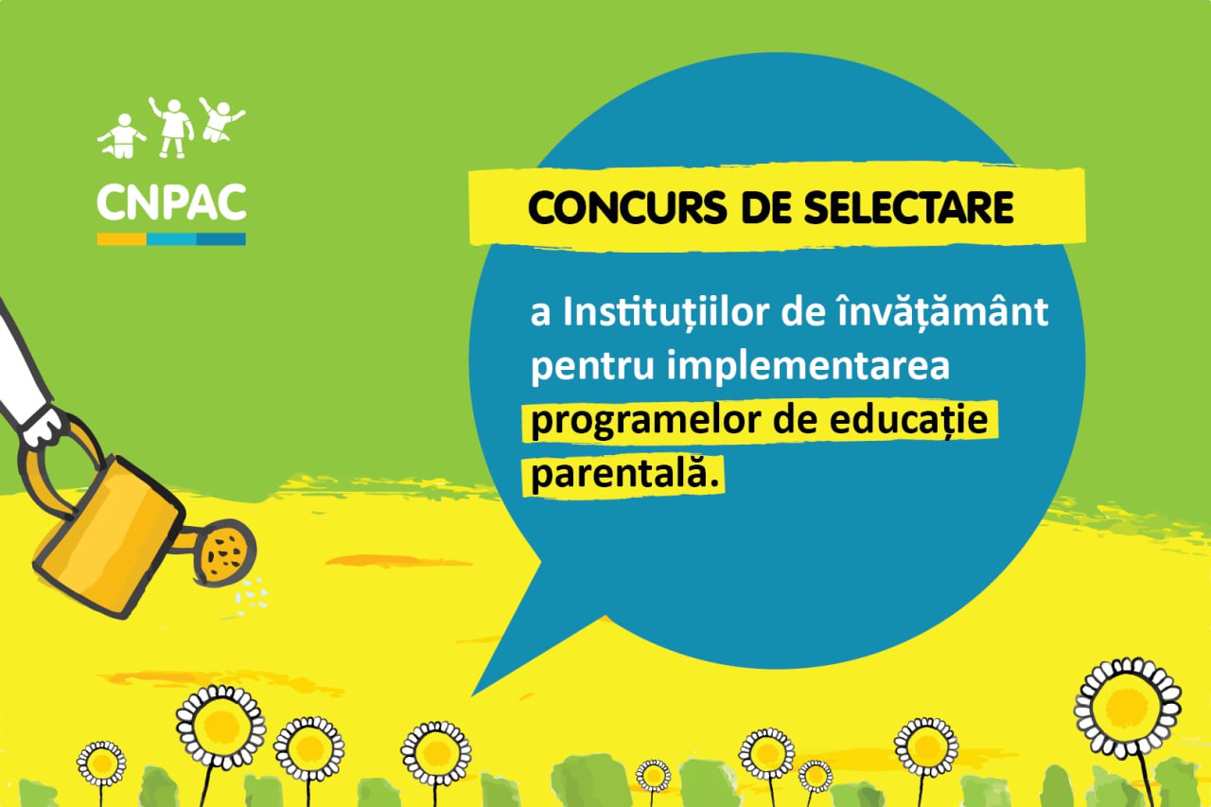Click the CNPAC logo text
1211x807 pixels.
coord(171,202)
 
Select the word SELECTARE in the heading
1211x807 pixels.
coord(908,207)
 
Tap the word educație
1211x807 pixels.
coord(909,420)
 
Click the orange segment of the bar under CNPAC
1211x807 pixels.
coord(122,239)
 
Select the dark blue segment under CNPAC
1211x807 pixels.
coord(221,239)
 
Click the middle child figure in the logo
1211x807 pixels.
coord(172,128)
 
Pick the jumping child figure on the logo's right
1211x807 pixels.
coord(220,120)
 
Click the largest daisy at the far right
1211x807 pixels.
coord(1128,708)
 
